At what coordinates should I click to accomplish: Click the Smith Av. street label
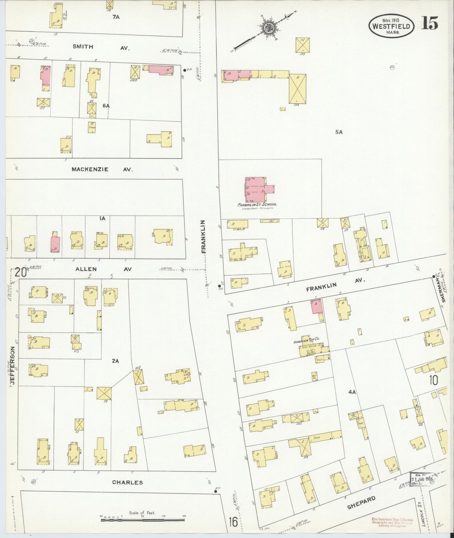101,47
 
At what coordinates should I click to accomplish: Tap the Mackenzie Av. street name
102,169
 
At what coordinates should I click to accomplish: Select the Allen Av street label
103,269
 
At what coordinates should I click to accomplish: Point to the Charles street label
128,482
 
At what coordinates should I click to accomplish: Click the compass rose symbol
269,28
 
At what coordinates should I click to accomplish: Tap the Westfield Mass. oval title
391,26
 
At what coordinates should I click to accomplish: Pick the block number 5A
339,132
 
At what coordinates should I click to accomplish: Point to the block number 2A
115,361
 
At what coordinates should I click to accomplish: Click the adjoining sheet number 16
233,522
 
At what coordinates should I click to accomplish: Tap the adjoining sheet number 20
20,272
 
